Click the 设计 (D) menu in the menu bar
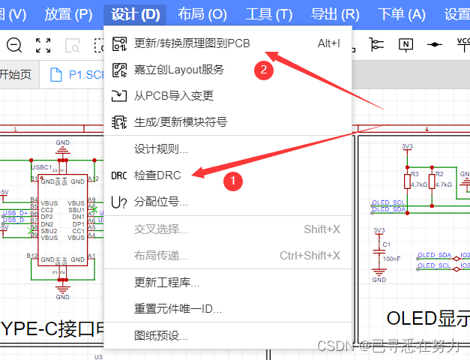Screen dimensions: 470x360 (x=136, y=13)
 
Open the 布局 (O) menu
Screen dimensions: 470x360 (x=202, y=13)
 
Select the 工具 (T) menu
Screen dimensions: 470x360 (x=269, y=13)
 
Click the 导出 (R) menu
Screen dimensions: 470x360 (x=335, y=13)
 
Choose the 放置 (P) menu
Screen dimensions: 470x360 (x=68, y=13)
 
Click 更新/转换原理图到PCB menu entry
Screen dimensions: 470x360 (x=192, y=43)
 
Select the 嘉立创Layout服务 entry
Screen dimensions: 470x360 (x=178, y=70)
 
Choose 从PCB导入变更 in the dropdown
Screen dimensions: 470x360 (x=173, y=95)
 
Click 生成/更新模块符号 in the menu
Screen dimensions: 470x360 (x=180, y=121)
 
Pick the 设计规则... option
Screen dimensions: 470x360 (x=160, y=148)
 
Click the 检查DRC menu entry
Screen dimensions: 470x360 (x=157, y=175)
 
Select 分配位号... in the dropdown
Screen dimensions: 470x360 (x=160, y=202)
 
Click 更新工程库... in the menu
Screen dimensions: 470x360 (x=166, y=283)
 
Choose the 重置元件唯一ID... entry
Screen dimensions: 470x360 (x=177, y=308)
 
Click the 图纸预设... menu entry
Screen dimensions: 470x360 (x=160, y=335)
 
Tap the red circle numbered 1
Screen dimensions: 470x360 (x=233, y=180)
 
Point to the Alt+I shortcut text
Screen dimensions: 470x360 (x=328, y=43)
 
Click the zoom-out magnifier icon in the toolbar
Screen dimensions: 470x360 (x=14, y=45)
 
